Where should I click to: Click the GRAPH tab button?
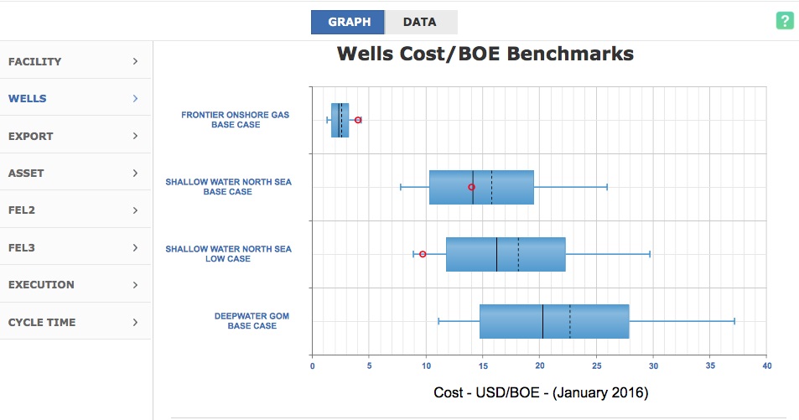[x=348, y=22]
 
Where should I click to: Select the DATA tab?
[x=420, y=22]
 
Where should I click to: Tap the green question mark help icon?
[x=785, y=20]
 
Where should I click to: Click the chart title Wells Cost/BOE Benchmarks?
[x=485, y=54]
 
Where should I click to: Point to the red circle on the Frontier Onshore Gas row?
[x=358, y=120]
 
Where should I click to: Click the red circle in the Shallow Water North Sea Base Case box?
[x=471, y=187]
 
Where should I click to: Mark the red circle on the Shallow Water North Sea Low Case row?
[x=423, y=254]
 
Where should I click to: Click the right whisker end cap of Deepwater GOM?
[x=734, y=321]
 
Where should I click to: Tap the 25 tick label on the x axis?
[x=597, y=366]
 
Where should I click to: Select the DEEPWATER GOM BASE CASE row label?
[x=252, y=320]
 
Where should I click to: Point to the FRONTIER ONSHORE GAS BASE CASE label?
[x=236, y=119]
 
